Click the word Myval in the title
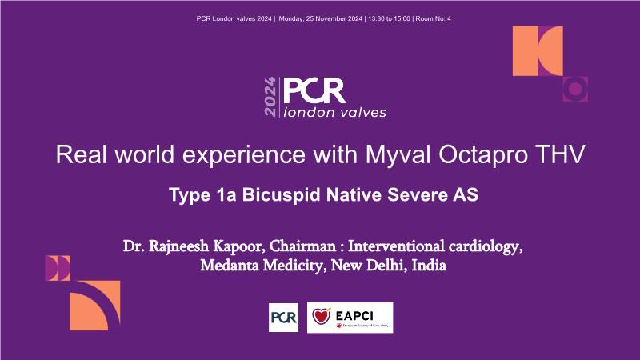pyautogui.click(x=398, y=155)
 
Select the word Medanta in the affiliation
pyautogui.click(x=230, y=266)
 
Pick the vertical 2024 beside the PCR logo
pyautogui.click(x=270, y=97)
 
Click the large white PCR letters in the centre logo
pyautogui.click(x=314, y=90)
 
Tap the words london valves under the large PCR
pyautogui.click(x=334, y=112)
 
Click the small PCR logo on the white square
pyautogui.click(x=284, y=318)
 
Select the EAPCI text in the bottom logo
pyautogui.click(x=354, y=315)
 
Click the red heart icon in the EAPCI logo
pyautogui.click(x=322, y=316)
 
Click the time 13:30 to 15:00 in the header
pyautogui.click(x=389, y=18)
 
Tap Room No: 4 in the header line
pyautogui.click(x=433, y=18)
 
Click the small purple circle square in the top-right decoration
pyautogui.click(x=575, y=89)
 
